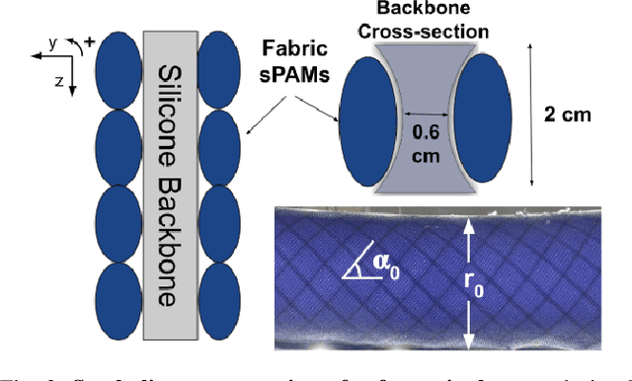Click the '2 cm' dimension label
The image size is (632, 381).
569,115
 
